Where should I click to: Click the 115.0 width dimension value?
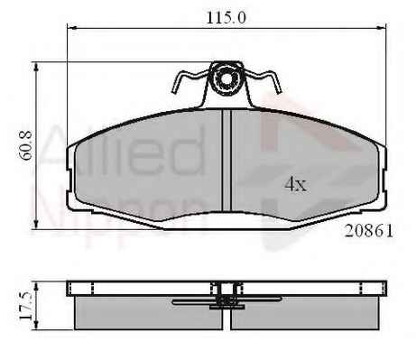coord(226,18)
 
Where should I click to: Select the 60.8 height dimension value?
coord(26,145)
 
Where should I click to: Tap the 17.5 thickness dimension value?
coord(26,306)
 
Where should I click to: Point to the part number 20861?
coord(369,231)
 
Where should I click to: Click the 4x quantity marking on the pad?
coord(296,184)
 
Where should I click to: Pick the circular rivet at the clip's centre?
coord(226,79)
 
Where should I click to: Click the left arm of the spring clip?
coord(189,80)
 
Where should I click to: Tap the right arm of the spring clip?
coord(263,80)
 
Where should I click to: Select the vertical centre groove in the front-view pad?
coord(226,161)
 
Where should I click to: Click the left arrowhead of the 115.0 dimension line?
coord(71,28)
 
